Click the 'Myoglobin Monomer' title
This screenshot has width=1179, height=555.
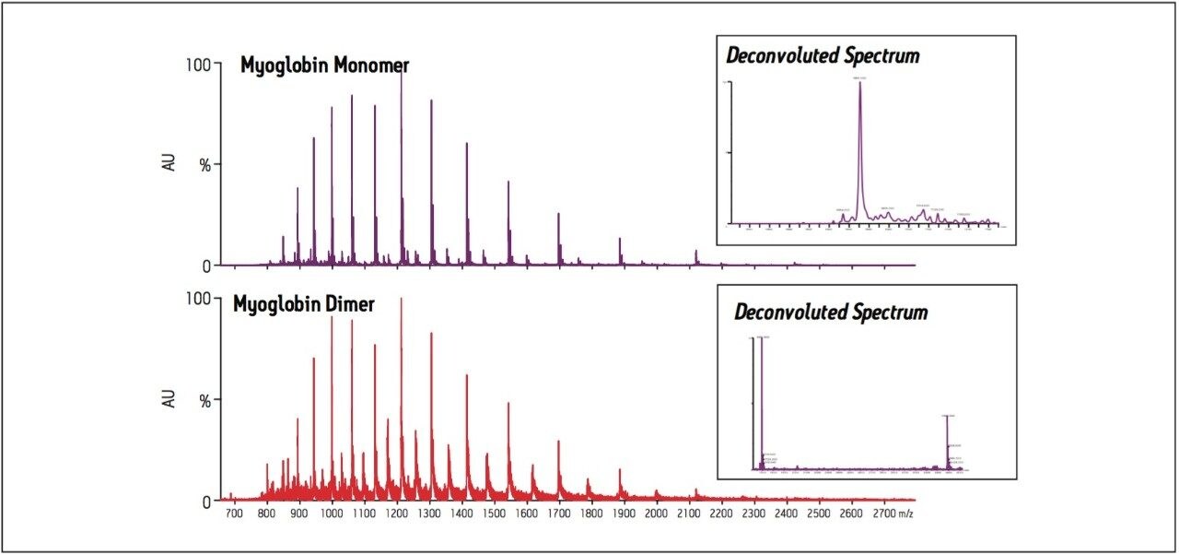click(x=324, y=66)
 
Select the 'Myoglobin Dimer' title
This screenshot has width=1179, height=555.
click(x=303, y=304)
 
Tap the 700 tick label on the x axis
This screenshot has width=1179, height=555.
click(x=233, y=512)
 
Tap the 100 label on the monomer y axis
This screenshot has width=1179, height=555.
click(x=199, y=65)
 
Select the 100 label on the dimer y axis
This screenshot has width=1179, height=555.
click(x=199, y=300)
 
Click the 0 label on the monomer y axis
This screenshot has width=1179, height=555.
click(x=206, y=266)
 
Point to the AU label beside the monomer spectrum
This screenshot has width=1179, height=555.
click(x=169, y=165)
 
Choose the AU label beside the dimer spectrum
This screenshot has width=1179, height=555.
click(x=169, y=400)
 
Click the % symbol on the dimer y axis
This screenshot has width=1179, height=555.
click(x=206, y=400)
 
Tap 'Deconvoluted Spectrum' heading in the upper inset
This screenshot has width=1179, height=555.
click(x=823, y=55)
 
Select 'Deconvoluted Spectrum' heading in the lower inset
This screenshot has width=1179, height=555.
click(x=830, y=312)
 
